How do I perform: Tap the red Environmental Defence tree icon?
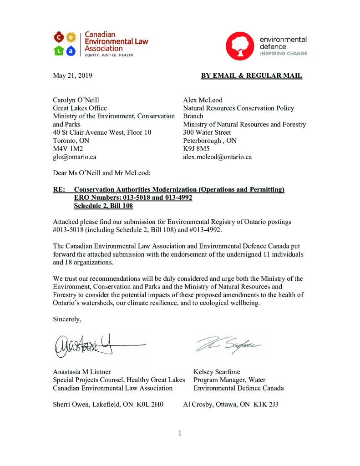tap(240, 46)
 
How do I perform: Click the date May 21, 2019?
tap(73, 76)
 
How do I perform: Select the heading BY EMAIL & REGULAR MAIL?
tap(251, 76)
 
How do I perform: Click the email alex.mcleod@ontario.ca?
tap(217, 157)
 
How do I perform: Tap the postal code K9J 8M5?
tap(196, 149)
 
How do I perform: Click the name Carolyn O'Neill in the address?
tap(76, 100)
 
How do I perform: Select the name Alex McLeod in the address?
tap(203, 100)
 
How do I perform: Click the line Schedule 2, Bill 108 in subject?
tap(103, 206)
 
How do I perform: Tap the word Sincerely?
tap(67, 319)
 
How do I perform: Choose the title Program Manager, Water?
tap(229, 380)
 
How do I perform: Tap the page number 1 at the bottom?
tap(180, 433)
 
